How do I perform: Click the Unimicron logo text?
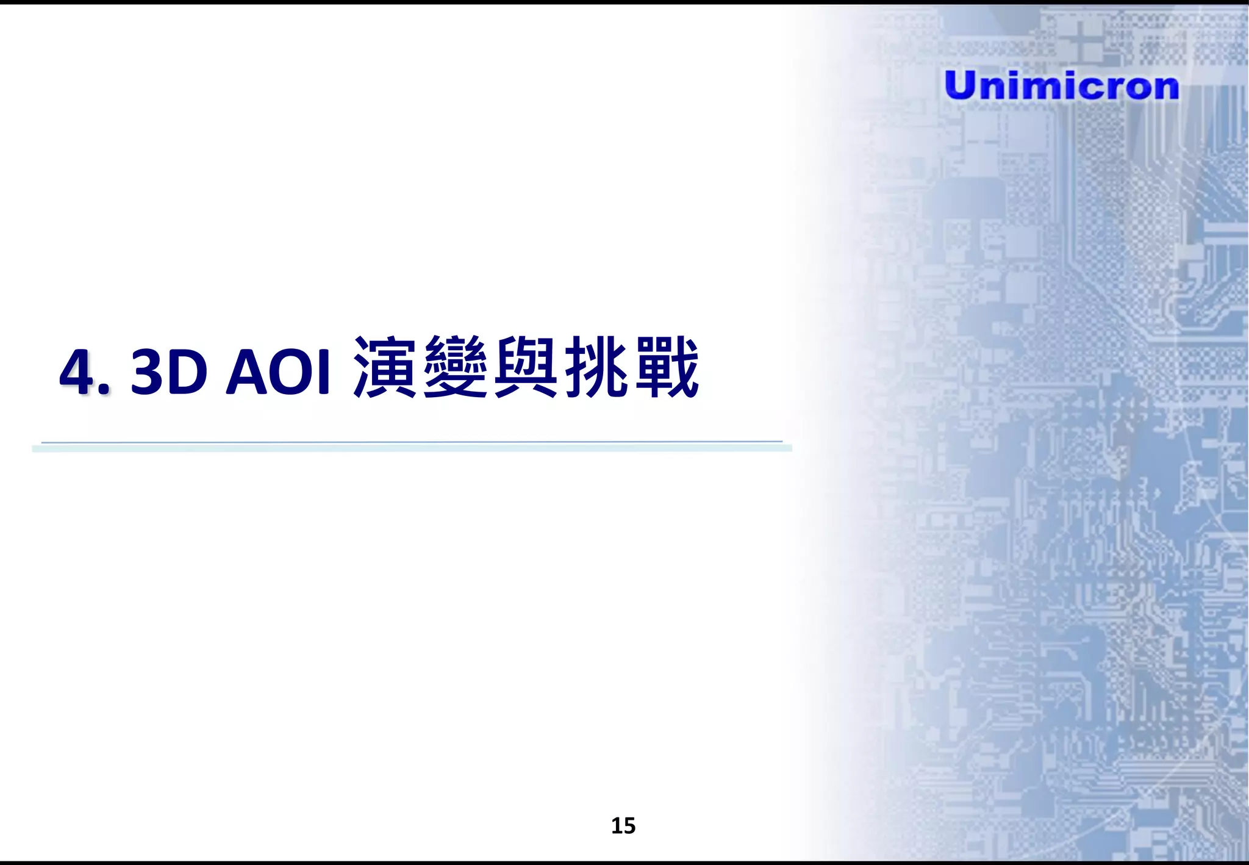point(1061,85)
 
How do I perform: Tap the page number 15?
point(623,825)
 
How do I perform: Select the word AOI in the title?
point(278,371)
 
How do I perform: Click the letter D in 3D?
point(187,371)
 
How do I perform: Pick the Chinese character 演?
point(385,367)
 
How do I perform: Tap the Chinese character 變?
point(456,367)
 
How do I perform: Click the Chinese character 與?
point(526,367)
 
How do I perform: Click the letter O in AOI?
point(285,371)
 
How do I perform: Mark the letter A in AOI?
point(244,371)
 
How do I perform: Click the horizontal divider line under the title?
point(412,447)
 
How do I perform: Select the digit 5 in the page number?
point(629,825)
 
